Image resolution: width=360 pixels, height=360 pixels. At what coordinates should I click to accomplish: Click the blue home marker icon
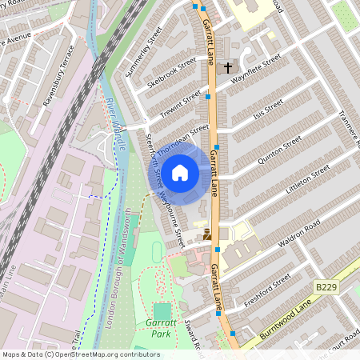click(x=180, y=172)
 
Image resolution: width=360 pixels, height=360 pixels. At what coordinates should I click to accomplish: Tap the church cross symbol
click(x=228, y=68)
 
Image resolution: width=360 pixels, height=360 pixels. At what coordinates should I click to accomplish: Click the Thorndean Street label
click(x=182, y=138)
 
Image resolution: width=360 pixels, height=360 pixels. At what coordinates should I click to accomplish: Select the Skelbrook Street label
click(x=172, y=73)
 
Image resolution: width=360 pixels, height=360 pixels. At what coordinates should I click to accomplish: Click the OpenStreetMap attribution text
click(x=81, y=354)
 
